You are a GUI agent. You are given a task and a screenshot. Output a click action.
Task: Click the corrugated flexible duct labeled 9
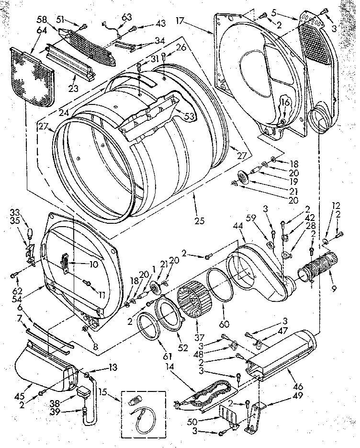click(x=315, y=269)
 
